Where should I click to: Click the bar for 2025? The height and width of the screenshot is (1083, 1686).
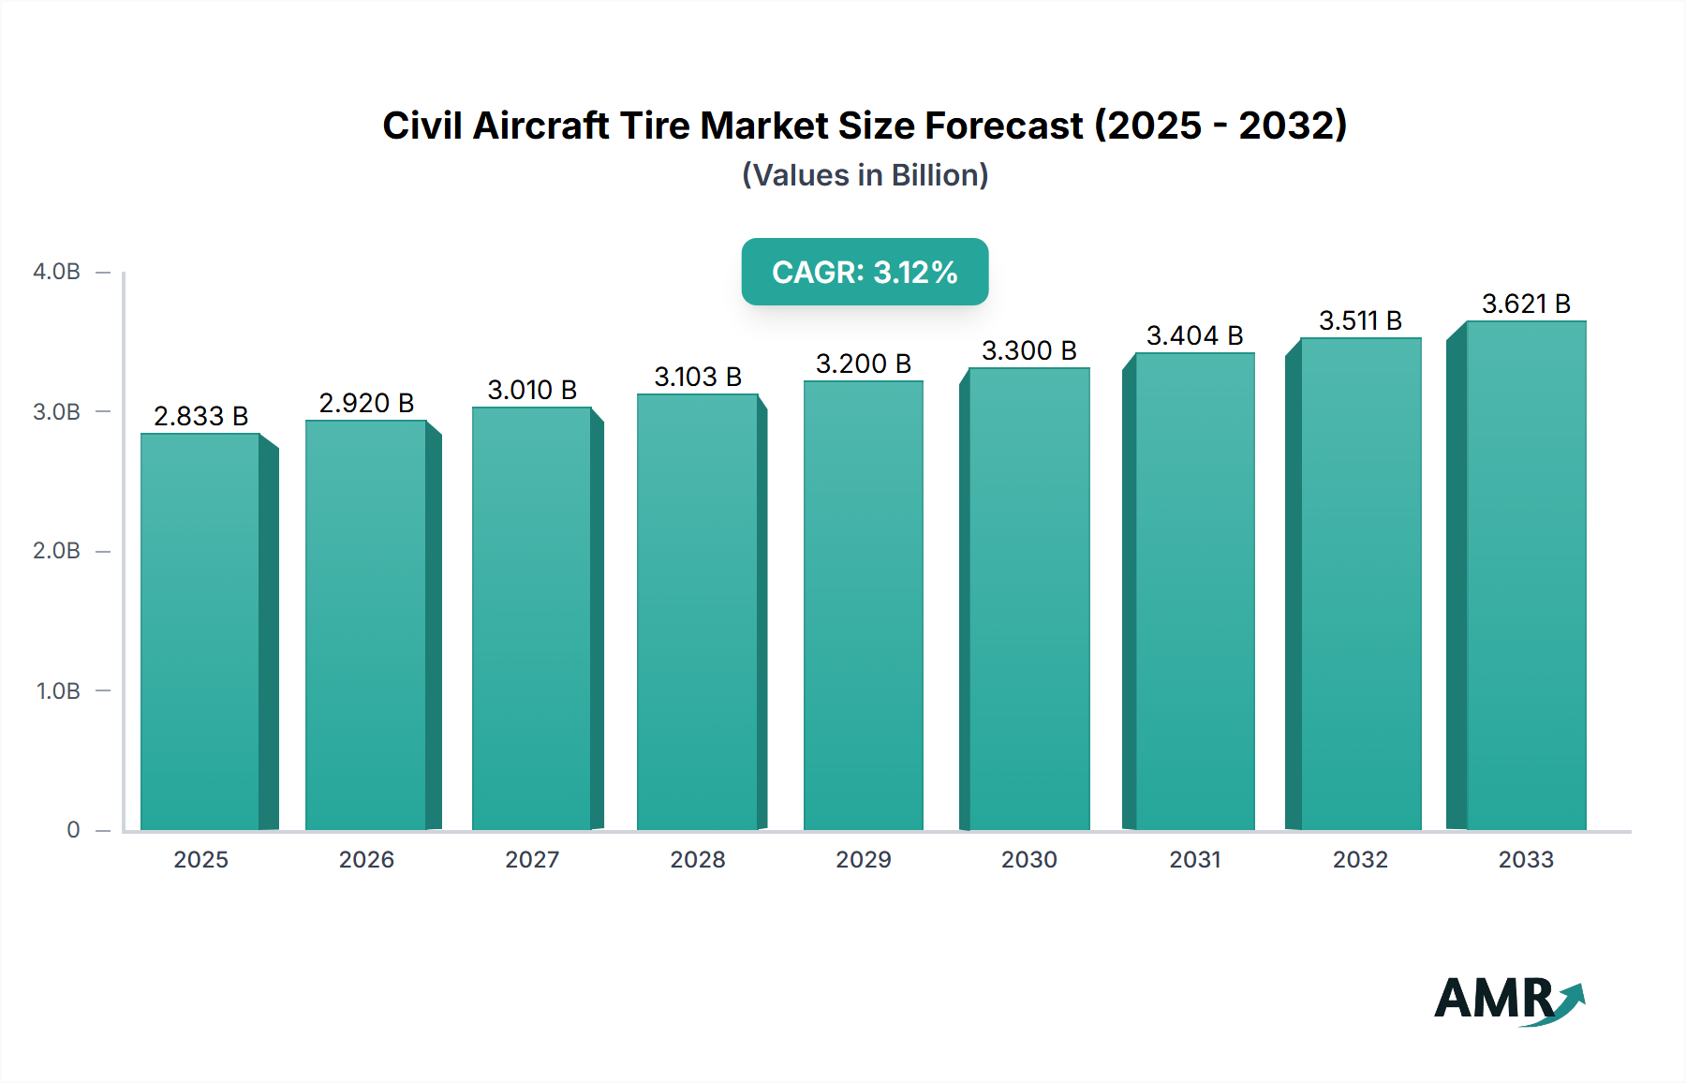click(x=200, y=631)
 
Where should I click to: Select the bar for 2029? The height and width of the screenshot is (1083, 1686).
click(x=863, y=605)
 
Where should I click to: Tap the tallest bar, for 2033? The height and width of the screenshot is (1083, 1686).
click(x=1526, y=575)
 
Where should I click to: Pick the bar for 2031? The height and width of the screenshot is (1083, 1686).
click(x=1194, y=591)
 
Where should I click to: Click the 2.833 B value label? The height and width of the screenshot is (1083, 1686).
click(x=200, y=416)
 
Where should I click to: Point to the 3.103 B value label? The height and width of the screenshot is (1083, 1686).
click(x=698, y=377)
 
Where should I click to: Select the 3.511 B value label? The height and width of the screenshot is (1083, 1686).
click(x=1360, y=320)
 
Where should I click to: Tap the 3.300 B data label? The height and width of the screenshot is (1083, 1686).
click(x=1028, y=350)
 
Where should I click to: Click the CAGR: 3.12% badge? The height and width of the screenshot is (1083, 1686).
click(x=865, y=272)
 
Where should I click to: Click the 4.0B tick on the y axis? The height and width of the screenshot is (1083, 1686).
click(x=56, y=272)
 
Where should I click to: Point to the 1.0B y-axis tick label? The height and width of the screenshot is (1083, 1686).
click(x=58, y=690)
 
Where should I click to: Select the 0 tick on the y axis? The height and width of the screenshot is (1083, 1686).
click(x=73, y=830)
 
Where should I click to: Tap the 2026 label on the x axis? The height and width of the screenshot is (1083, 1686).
click(x=366, y=859)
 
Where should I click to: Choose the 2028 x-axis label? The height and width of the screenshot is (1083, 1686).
click(x=698, y=859)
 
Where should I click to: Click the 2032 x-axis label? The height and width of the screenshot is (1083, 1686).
click(x=1360, y=859)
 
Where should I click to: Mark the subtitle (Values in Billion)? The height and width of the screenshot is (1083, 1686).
click(x=865, y=175)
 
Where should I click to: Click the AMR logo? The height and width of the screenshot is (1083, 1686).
click(x=1508, y=1000)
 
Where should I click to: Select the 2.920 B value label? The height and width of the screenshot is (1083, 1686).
click(x=366, y=403)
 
